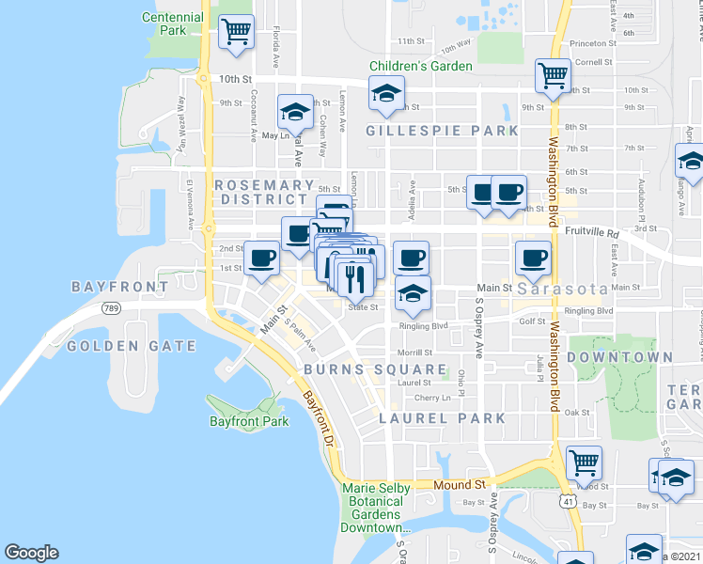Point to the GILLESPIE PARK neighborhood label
coord(443,131)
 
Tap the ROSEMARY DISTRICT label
coord(264,192)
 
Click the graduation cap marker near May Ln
coord(295,113)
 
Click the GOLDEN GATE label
coord(132,346)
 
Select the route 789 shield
coord(112,307)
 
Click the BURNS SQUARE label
coord(374,369)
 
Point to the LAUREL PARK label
coord(442,418)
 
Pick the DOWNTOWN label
coord(620,357)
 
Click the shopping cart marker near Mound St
coord(585,462)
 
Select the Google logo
coord(31,553)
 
